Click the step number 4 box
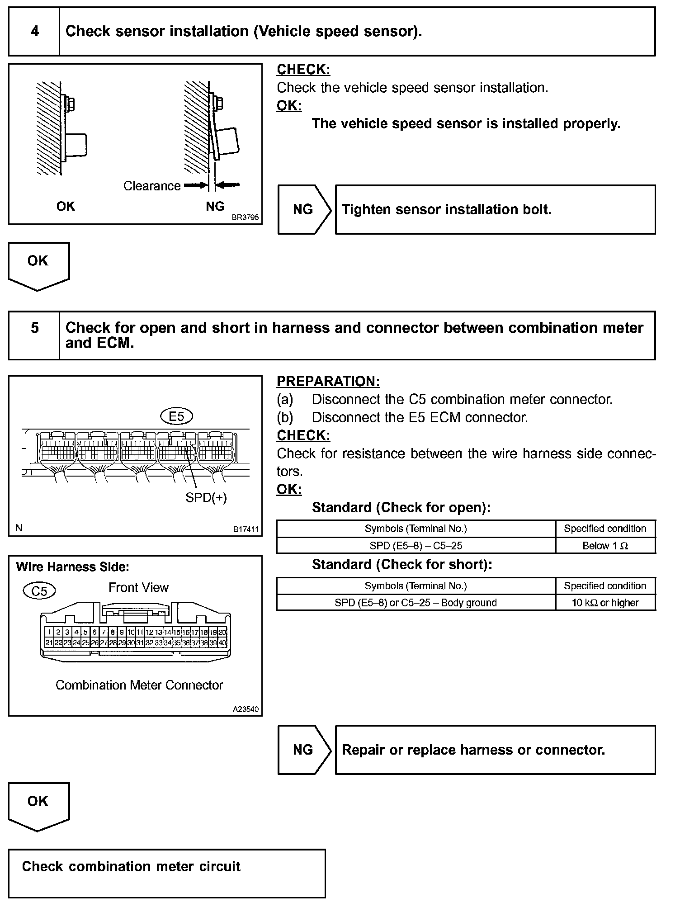click(34, 32)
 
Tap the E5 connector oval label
click(177, 416)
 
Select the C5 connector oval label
click(39, 590)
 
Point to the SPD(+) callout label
click(206, 498)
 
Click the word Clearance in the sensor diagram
click(152, 186)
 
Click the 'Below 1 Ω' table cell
click(605, 546)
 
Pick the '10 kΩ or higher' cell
click(605, 603)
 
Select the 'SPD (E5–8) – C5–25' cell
click(416, 546)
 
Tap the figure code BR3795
click(245, 217)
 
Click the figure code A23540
click(246, 709)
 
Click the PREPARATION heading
click(328, 382)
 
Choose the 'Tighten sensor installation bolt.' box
click(495, 210)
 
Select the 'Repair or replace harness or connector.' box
click(495, 750)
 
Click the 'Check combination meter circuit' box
click(167, 873)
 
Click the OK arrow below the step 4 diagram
click(38, 265)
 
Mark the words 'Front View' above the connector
click(138, 587)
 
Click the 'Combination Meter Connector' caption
click(139, 685)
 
